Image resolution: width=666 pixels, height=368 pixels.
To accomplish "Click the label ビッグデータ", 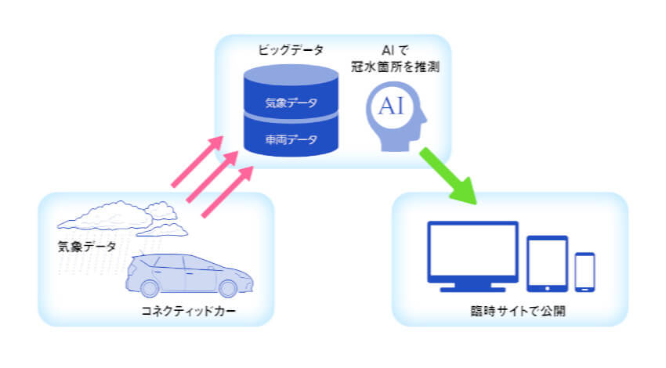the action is tap(291, 50).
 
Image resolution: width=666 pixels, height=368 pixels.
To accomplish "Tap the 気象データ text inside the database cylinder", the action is tap(291, 103).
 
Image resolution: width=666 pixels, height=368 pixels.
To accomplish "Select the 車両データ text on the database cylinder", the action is tap(291, 139).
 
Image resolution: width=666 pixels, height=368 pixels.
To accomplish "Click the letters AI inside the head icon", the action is tap(391, 106).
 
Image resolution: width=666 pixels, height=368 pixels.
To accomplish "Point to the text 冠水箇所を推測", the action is tap(395, 67).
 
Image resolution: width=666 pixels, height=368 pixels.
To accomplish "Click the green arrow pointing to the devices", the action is tap(448, 176).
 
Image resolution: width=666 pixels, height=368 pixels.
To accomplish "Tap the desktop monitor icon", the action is tap(472, 256).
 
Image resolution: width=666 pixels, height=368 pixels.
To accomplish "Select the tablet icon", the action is tap(547, 264).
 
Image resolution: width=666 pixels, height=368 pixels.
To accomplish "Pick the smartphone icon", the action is tap(585, 272).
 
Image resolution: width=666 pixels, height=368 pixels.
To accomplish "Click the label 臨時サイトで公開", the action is tap(518, 311).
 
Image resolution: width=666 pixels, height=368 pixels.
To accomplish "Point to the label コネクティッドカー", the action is tap(188, 311).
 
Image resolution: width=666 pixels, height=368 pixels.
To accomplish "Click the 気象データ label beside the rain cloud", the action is tap(87, 247).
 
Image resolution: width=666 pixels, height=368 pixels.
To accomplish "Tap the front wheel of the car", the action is tap(228, 289).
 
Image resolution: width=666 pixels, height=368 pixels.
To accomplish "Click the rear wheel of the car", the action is tap(150, 289).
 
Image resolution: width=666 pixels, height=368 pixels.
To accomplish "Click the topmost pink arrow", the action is tap(197, 161).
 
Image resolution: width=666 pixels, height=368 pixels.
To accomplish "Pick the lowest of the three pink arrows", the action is tap(227, 192).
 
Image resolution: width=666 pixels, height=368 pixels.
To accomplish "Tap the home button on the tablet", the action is tap(548, 289).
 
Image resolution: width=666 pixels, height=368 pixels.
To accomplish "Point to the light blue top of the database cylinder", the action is tap(291, 75).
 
